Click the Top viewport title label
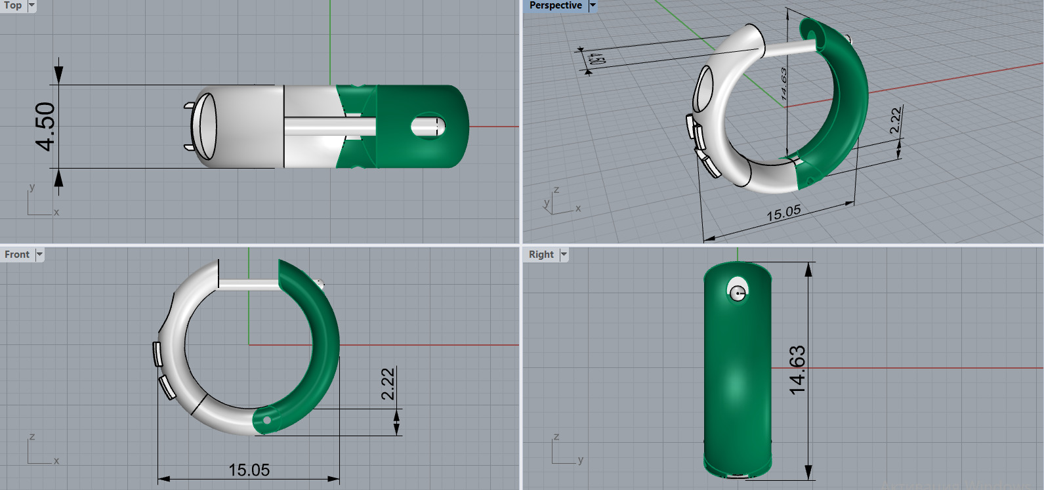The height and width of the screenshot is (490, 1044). (x=12, y=5)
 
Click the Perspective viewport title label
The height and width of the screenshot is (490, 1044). (x=555, y=5)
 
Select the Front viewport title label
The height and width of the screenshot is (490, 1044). (x=17, y=255)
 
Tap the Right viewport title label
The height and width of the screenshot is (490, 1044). (x=541, y=255)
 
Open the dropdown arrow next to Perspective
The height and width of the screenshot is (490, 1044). (x=593, y=5)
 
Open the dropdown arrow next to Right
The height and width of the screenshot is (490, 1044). (x=564, y=255)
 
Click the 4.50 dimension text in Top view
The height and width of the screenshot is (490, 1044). (x=45, y=126)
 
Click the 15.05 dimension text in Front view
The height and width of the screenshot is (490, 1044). (x=249, y=470)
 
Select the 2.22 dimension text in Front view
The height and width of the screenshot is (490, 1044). (x=388, y=384)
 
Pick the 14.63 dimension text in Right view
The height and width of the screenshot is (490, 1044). (x=797, y=370)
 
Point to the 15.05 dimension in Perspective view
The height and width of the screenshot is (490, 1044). (x=783, y=213)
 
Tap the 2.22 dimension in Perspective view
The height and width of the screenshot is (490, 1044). (x=896, y=121)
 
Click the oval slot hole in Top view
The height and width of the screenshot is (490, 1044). (x=428, y=126)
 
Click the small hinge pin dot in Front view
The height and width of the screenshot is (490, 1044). (x=267, y=420)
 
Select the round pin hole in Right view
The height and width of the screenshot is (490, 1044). (x=738, y=292)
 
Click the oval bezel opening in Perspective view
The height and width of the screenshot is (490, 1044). (x=703, y=89)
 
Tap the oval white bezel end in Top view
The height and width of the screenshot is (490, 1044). (x=205, y=126)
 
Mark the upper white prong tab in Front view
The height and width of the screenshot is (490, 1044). (x=157, y=354)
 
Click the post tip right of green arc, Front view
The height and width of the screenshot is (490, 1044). (x=320, y=284)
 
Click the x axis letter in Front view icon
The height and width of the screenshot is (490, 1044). (x=56, y=461)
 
